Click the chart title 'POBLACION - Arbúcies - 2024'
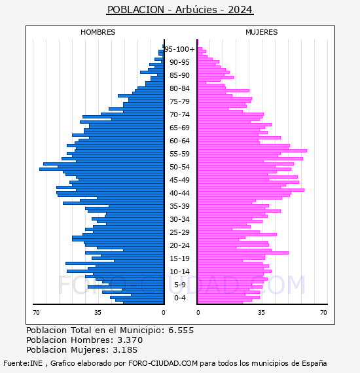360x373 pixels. point(180,10)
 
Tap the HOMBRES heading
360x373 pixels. point(98,32)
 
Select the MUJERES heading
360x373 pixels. point(262,32)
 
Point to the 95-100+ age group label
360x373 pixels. point(179,49)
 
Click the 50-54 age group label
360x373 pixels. point(179,167)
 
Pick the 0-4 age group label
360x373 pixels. point(179,298)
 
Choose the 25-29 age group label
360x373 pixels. point(179,232)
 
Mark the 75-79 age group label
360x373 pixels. point(179,101)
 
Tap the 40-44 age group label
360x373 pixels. point(179,193)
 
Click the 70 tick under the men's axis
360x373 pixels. point(36,312)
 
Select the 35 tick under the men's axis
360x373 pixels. point(98,312)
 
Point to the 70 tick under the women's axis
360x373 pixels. point(323,312)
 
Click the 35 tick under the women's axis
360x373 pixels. point(261,312)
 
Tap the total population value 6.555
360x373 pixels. point(181,330)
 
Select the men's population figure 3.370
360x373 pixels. point(130,340)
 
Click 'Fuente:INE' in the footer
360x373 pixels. point(23,363)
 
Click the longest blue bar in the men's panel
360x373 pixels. point(101,169)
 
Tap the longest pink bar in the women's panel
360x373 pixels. point(252,151)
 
